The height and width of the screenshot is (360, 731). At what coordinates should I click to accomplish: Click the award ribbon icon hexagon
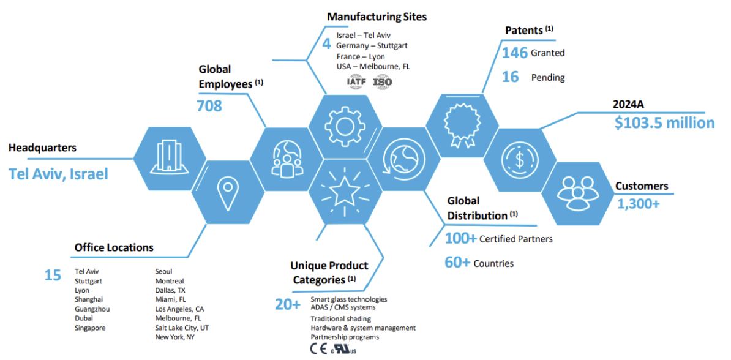click(459, 126)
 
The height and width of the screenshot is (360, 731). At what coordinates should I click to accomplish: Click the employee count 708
click(209, 105)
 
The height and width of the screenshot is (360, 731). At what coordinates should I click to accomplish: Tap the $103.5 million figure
click(664, 122)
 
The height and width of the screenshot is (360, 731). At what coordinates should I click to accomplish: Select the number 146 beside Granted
click(514, 53)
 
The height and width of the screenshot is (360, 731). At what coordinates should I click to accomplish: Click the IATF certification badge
click(356, 81)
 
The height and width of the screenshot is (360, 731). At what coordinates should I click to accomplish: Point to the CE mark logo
click(318, 350)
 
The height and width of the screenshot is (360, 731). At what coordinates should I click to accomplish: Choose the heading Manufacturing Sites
click(377, 17)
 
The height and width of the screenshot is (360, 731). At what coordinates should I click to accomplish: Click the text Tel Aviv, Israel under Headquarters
click(58, 174)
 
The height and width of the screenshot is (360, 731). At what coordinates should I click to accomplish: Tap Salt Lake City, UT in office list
click(182, 328)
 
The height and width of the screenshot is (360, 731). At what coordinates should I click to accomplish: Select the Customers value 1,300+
click(638, 204)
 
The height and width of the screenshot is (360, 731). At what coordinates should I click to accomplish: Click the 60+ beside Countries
click(457, 263)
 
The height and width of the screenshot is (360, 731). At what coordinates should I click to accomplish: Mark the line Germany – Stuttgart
click(372, 46)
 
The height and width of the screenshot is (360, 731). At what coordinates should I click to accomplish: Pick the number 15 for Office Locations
click(53, 276)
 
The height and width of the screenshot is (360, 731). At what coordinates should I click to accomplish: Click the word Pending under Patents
click(548, 78)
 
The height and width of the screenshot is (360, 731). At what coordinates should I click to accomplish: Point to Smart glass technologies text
click(348, 299)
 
